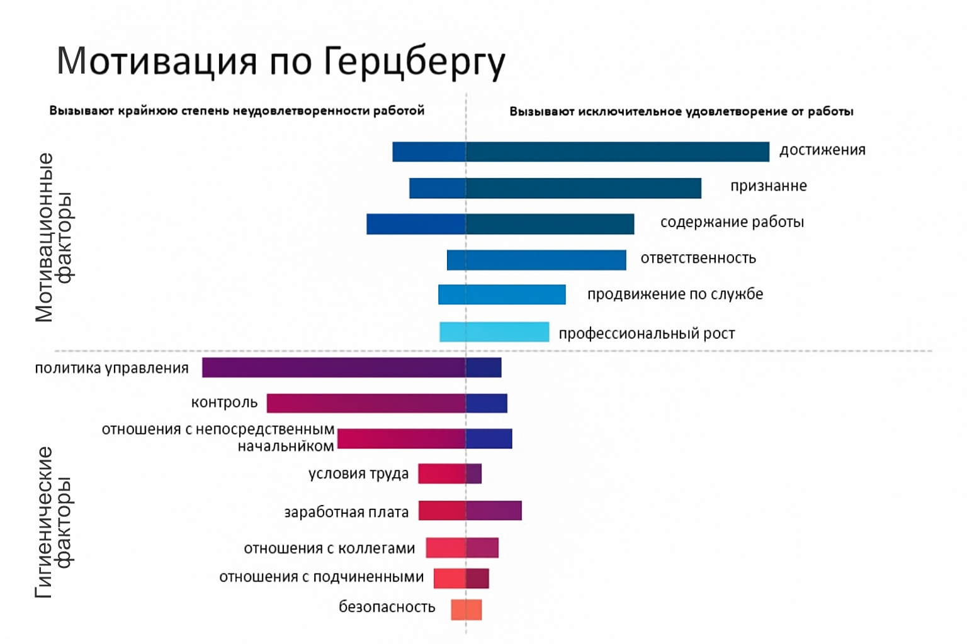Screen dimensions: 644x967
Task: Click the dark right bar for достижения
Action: (x=617, y=152)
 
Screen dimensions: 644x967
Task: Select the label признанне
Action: (x=768, y=186)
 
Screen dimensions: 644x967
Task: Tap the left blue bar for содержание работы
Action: (x=416, y=224)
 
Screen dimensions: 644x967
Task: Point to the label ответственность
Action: (x=698, y=258)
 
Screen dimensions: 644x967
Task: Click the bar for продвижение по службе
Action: (x=502, y=294)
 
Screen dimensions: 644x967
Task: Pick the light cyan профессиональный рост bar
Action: (x=494, y=332)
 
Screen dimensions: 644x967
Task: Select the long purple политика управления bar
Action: (x=334, y=367)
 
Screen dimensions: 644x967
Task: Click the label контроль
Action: (x=224, y=402)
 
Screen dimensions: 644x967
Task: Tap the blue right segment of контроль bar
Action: (x=487, y=403)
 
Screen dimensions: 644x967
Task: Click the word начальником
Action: (x=285, y=447)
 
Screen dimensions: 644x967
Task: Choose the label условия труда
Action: (x=358, y=474)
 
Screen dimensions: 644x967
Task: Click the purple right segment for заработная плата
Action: (x=494, y=510)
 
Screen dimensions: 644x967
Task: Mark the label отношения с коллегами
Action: (x=329, y=548)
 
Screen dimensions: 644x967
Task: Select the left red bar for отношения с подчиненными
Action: (x=450, y=578)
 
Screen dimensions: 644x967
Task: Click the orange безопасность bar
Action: (x=467, y=609)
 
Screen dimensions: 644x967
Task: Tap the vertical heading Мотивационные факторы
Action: (x=53, y=237)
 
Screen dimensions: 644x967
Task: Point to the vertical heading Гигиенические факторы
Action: (x=53, y=521)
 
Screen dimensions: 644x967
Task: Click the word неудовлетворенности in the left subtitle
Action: (x=302, y=111)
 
